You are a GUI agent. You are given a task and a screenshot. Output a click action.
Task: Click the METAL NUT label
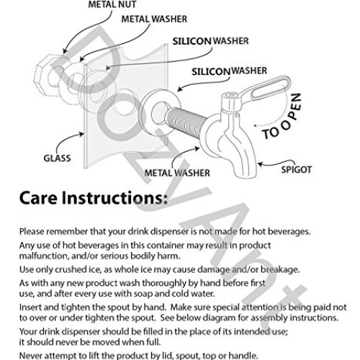(112, 4)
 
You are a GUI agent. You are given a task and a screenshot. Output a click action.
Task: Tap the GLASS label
(57, 158)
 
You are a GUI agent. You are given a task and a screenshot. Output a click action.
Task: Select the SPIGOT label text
(296, 170)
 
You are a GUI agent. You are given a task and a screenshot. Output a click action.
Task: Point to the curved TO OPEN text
(282, 117)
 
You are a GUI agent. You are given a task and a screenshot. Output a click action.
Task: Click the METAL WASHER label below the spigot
(177, 173)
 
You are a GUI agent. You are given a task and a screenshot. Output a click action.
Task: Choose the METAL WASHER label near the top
(154, 19)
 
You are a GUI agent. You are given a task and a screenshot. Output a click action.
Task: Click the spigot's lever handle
(266, 89)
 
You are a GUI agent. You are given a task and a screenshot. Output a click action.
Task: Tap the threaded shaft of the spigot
(185, 122)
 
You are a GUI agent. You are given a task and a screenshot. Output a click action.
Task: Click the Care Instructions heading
(94, 198)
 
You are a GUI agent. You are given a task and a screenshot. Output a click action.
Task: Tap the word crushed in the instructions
(70, 269)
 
